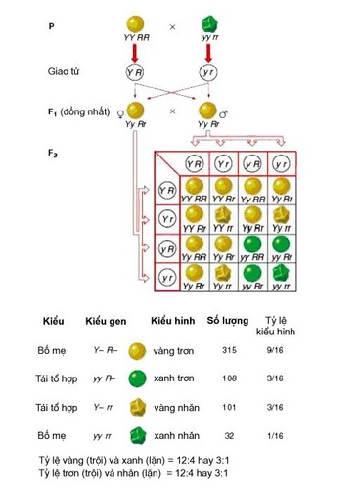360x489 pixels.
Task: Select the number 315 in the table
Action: click(x=231, y=349)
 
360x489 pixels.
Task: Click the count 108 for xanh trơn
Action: click(x=231, y=378)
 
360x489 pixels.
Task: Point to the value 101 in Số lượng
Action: click(x=231, y=406)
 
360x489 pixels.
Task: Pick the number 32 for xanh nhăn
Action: click(x=231, y=434)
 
